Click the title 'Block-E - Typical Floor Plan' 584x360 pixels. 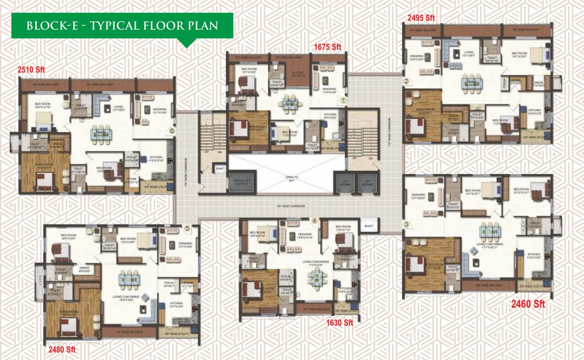(x=122, y=25)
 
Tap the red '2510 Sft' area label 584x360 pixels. (x=31, y=70)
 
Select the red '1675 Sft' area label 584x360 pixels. (x=328, y=46)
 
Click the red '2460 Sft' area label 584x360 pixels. (x=528, y=304)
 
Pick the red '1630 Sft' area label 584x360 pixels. (x=340, y=322)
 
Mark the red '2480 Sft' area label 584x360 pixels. (x=62, y=349)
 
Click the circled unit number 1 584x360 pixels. (x=343, y=100)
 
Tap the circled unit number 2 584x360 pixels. (x=407, y=81)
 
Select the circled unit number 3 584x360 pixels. (x=406, y=224)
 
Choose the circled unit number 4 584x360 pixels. (x=314, y=221)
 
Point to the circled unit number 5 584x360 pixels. (x=187, y=228)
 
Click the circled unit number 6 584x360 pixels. (x=172, y=131)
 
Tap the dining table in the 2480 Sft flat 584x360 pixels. (x=128, y=279)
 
